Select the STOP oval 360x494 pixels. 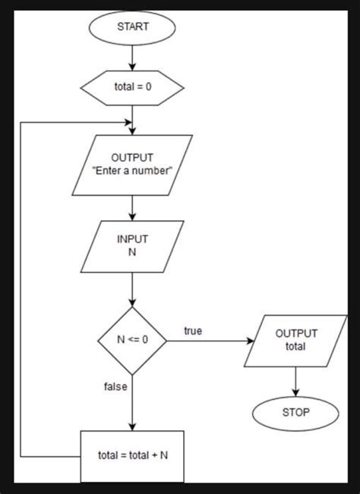pos(296,414)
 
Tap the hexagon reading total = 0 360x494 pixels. pos(133,87)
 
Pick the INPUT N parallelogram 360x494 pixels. pos(133,245)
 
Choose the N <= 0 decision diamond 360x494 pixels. pos(133,341)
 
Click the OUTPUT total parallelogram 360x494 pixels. pos(296,341)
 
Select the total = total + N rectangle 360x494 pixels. pos(133,455)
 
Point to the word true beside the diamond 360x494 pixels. pos(193,331)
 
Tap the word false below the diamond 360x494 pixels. pos(115,386)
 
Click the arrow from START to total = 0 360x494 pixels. pos(133,57)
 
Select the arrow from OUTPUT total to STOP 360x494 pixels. pos(296,379)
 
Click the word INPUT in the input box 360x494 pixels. pos(133,238)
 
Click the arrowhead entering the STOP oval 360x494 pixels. pos(296,393)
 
